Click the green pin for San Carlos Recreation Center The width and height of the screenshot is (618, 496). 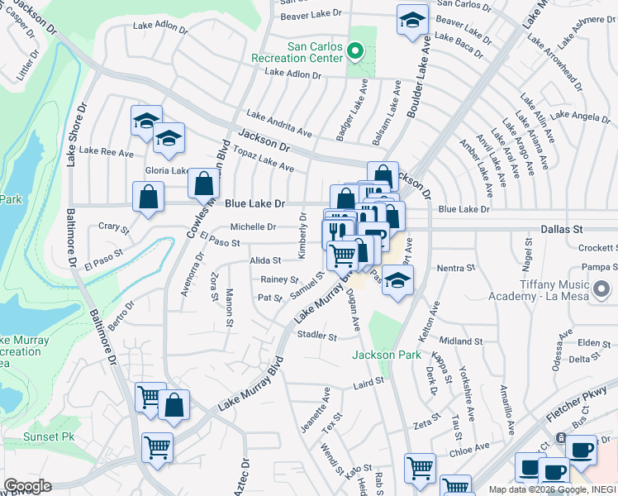[355, 51]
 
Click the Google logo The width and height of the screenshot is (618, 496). [26, 486]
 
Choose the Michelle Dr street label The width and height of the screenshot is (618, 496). [253, 227]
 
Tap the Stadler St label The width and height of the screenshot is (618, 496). [317, 336]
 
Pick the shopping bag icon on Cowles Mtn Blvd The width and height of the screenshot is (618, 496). [203, 184]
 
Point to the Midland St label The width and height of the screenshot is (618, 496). [461, 341]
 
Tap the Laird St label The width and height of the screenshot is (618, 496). [369, 382]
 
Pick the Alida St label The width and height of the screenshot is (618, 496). [265, 260]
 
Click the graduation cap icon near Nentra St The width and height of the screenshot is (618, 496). [397, 279]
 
